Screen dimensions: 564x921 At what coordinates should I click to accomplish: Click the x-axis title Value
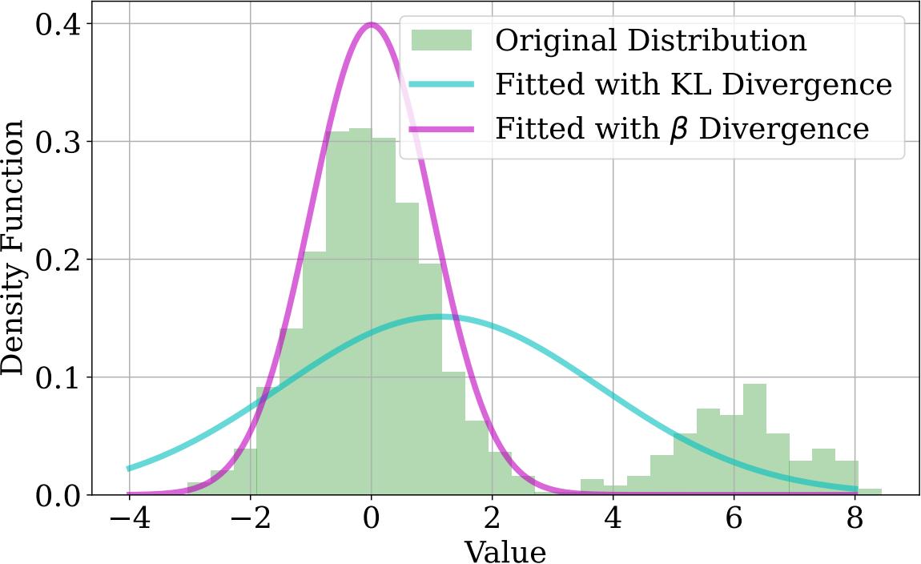coord(505,551)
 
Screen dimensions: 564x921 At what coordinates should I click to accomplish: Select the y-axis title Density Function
coord(13,248)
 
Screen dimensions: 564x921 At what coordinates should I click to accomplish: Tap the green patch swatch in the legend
coord(442,40)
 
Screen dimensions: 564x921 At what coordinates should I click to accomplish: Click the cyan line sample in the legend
coord(442,84)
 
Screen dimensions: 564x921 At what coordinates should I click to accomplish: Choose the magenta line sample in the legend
coord(442,128)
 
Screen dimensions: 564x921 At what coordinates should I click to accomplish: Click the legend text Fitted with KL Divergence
coord(694,84)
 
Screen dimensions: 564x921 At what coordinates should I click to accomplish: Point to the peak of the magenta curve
coord(371,24)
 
